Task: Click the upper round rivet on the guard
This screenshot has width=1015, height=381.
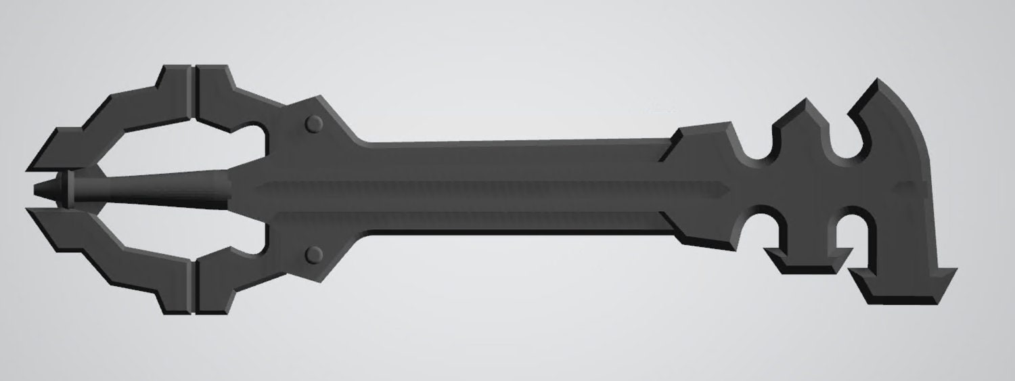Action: coord(314,124)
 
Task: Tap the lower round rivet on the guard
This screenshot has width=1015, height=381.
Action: coord(314,254)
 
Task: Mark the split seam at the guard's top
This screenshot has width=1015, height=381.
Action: coord(192,95)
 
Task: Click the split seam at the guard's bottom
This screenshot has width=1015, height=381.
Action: coord(192,288)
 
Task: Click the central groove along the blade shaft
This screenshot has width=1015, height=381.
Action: coord(474,187)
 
